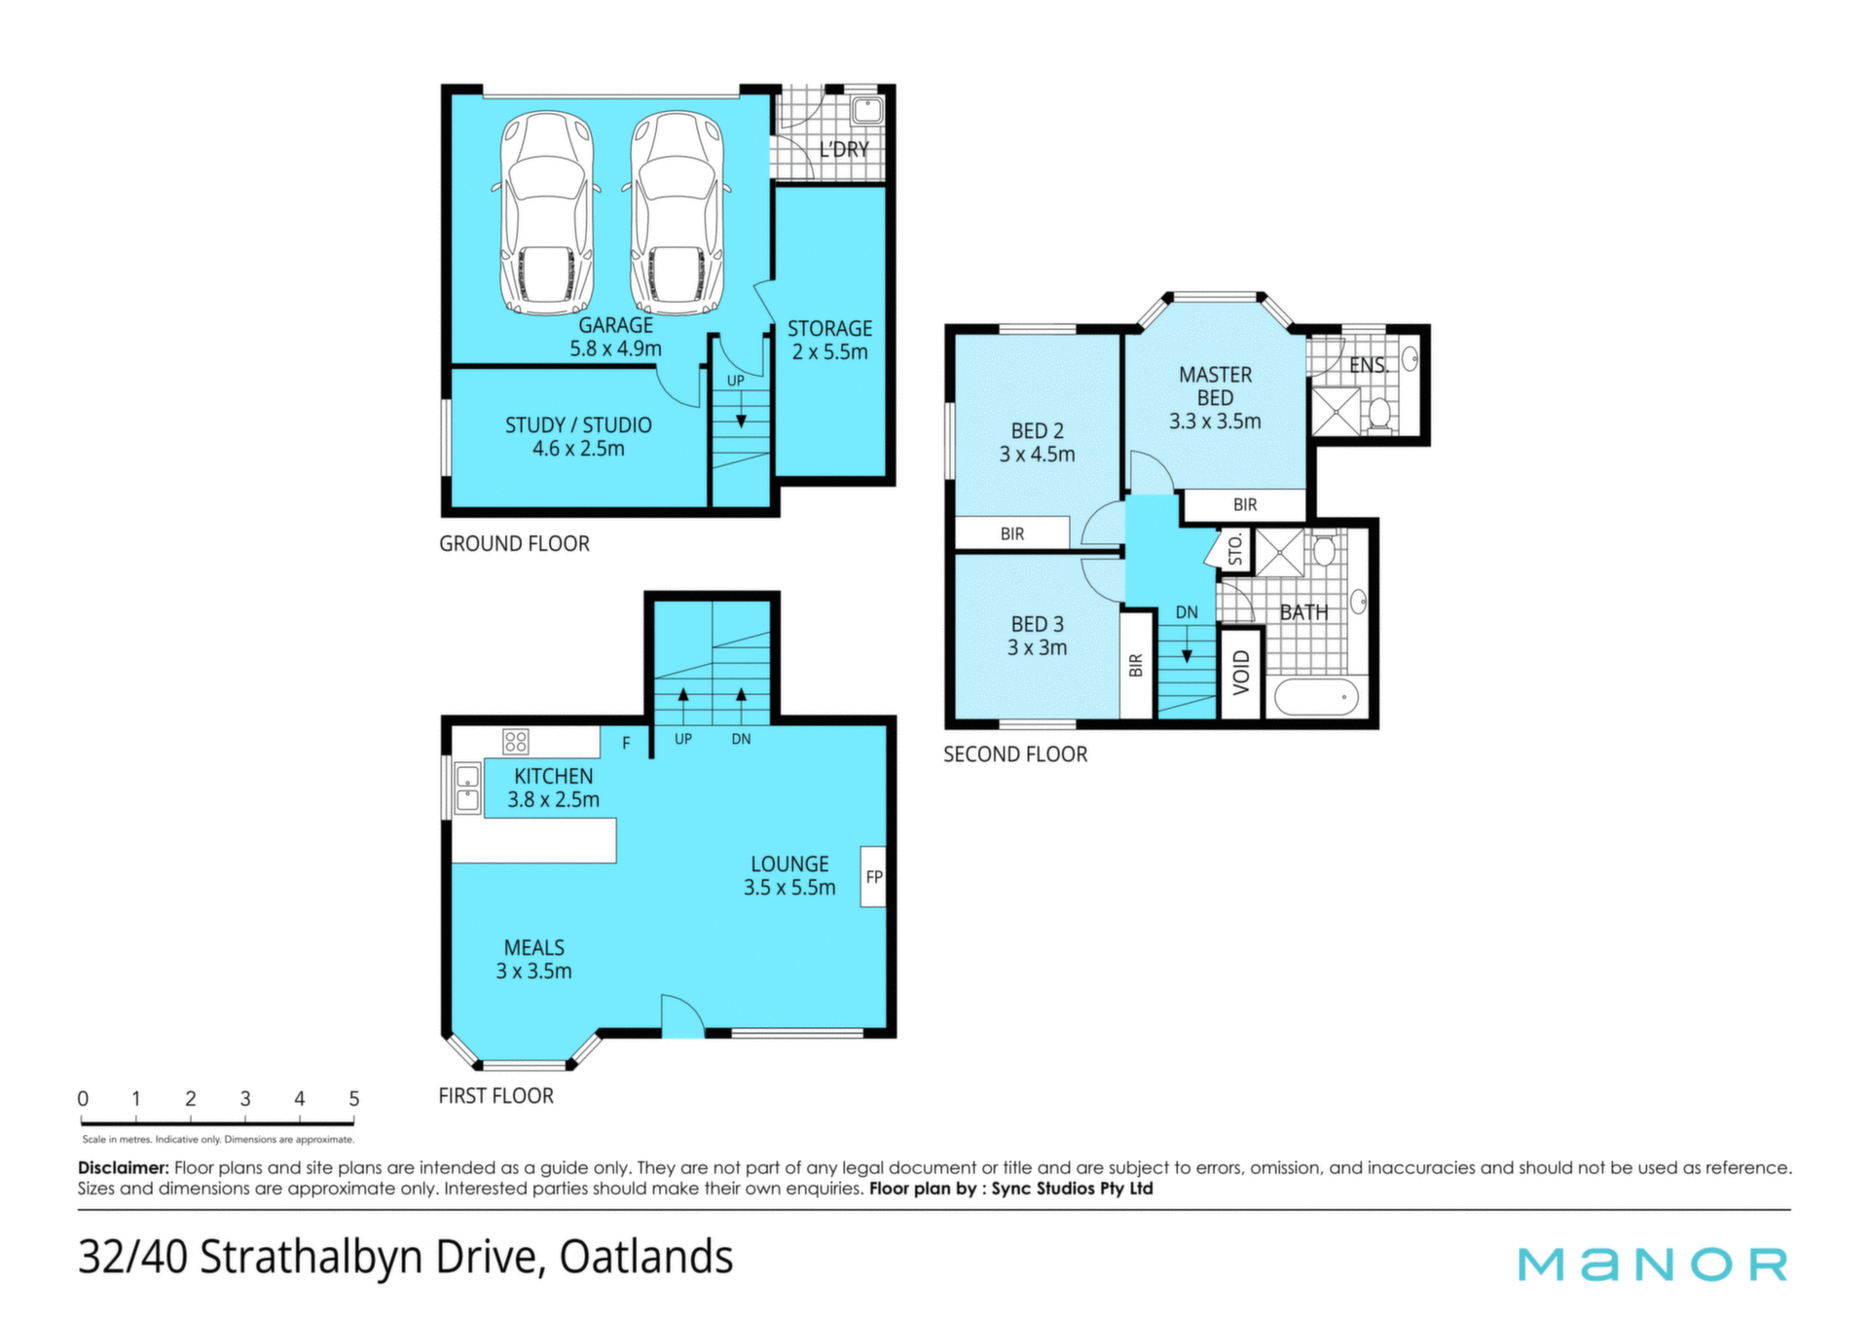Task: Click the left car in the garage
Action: (x=546, y=213)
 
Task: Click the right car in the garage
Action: (x=677, y=213)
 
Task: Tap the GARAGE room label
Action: (x=616, y=325)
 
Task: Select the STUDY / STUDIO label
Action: (x=578, y=425)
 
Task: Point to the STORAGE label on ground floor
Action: (x=830, y=329)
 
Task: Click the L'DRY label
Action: (x=844, y=149)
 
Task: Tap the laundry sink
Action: (x=866, y=110)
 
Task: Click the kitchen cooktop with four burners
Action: (x=516, y=742)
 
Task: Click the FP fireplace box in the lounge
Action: (x=873, y=877)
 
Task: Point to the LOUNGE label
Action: (x=789, y=864)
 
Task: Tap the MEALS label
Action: (x=534, y=948)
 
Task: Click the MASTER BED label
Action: (x=1215, y=386)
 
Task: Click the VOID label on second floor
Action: (x=1241, y=673)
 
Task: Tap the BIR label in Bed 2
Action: (x=1012, y=533)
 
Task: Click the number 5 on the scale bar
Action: (x=354, y=1099)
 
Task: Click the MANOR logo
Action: (x=1653, y=1265)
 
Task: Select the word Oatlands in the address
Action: (x=646, y=1257)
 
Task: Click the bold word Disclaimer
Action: (x=124, y=1167)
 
